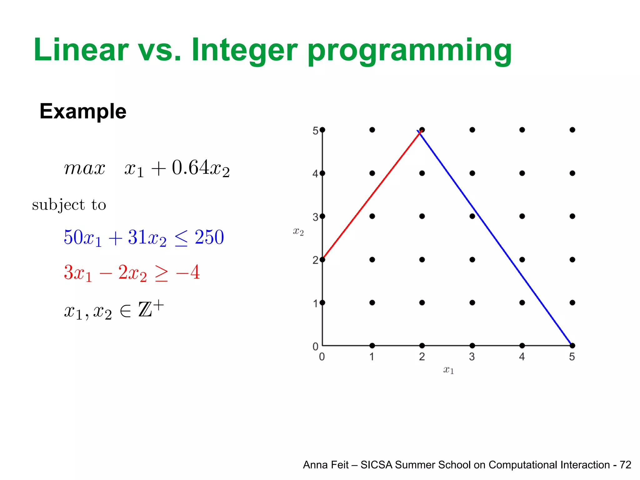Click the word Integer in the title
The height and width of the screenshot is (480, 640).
(x=244, y=50)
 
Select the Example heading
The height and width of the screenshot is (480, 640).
(x=83, y=111)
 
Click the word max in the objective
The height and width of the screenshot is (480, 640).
(x=84, y=168)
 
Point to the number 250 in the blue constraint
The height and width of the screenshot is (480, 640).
(x=209, y=237)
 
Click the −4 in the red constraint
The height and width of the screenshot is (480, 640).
(x=188, y=272)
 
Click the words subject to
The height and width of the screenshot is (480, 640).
(x=69, y=205)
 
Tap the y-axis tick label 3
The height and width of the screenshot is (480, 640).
(x=315, y=217)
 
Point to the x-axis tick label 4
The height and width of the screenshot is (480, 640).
(x=522, y=357)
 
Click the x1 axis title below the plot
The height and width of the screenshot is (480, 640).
(x=448, y=370)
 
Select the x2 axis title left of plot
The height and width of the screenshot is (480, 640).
(x=298, y=232)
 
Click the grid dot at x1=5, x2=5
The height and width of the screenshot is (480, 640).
(x=572, y=130)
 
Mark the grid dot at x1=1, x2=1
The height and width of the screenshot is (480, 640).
(x=372, y=302)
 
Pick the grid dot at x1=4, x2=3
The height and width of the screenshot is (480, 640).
(x=522, y=216)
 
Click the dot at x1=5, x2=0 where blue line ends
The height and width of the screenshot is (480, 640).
(x=572, y=346)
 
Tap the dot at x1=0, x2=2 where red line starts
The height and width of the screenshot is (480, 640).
(x=322, y=259)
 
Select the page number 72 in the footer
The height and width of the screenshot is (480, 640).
(x=625, y=465)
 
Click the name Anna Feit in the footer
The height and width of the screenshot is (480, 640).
(x=325, y=465)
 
